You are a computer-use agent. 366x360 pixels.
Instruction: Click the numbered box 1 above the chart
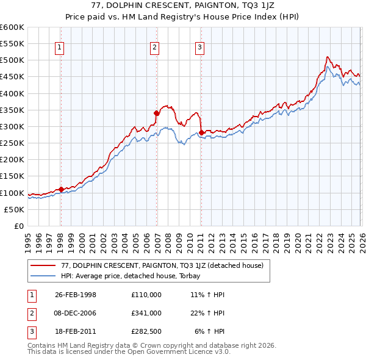point(60,47)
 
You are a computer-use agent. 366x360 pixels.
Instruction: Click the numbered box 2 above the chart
point(155,47)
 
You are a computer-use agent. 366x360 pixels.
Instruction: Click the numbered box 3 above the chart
point(199,47)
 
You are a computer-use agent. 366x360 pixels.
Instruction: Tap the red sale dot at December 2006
point(157,113)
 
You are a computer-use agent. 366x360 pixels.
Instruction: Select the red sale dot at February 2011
point(201,132)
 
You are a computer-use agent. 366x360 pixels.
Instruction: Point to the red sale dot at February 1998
point(61,189)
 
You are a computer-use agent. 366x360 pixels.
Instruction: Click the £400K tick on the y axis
point(12,93)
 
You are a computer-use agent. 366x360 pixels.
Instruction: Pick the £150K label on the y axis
point(12,176)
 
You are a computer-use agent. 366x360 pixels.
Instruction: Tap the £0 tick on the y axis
point(18,226)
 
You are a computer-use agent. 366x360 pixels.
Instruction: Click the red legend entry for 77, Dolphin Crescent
point(162,265)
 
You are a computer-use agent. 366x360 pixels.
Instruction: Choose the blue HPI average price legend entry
point(135,276)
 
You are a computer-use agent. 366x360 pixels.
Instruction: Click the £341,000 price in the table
point(146,312)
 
